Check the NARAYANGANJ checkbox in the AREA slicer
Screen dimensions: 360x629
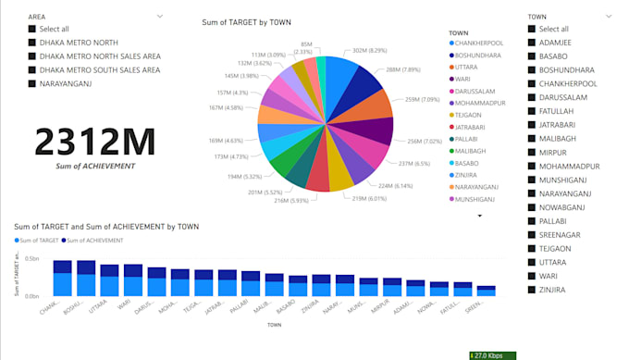pos(32,84)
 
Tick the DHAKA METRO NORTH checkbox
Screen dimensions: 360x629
pos(32,43)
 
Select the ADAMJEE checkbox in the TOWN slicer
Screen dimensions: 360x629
pos(532,42)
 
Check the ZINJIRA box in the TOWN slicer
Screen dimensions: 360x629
pos(532,290)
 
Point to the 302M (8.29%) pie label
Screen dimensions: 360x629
pos(369,51)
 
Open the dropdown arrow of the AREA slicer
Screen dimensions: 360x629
pos(160,17)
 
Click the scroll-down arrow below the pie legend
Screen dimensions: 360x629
pos(479,216)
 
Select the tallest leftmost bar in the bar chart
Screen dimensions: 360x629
pos(62,278)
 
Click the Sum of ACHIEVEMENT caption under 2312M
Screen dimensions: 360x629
pos(95,166)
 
